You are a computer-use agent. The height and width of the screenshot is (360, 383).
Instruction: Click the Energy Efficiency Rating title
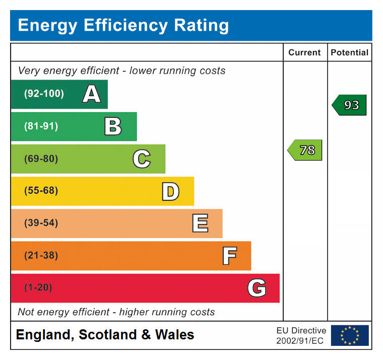tap(123, 25)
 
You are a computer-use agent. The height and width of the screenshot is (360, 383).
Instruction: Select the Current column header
tap(304, 52)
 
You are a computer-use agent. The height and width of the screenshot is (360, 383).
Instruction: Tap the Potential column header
tap(349, 52)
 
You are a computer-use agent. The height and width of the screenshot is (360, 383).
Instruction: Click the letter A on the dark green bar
tap(91, 94)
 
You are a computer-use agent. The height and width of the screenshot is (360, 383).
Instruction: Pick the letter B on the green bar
tap(113, 126)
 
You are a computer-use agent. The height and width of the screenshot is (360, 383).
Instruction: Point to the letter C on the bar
tap(142, 159)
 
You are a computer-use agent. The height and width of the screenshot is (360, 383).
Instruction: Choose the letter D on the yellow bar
tap(170, 191)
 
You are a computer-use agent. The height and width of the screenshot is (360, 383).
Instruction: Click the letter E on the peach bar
tap(200, 224)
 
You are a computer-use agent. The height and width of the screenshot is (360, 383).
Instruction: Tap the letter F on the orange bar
tap(229, 256)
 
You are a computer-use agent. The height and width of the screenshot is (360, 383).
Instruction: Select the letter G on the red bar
tap(257, 288)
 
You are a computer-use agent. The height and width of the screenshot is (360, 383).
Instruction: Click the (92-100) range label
tap(44, 94)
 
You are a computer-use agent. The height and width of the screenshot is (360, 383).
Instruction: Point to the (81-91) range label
tap(41, 126)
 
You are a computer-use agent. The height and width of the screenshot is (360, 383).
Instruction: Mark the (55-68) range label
tap(41, 191)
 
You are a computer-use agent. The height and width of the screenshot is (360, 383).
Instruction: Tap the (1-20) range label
tap(38, 288)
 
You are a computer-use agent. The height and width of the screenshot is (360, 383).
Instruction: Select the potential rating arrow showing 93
tap(349, 105)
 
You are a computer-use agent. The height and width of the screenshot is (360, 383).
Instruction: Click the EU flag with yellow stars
tap(349, 335)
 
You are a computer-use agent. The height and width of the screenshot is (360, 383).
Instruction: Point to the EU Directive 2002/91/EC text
tap(301, 336)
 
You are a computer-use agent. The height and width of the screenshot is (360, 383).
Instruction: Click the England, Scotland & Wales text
tap(105, 335)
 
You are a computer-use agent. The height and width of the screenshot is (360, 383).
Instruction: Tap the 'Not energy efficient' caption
tap(116, 312)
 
